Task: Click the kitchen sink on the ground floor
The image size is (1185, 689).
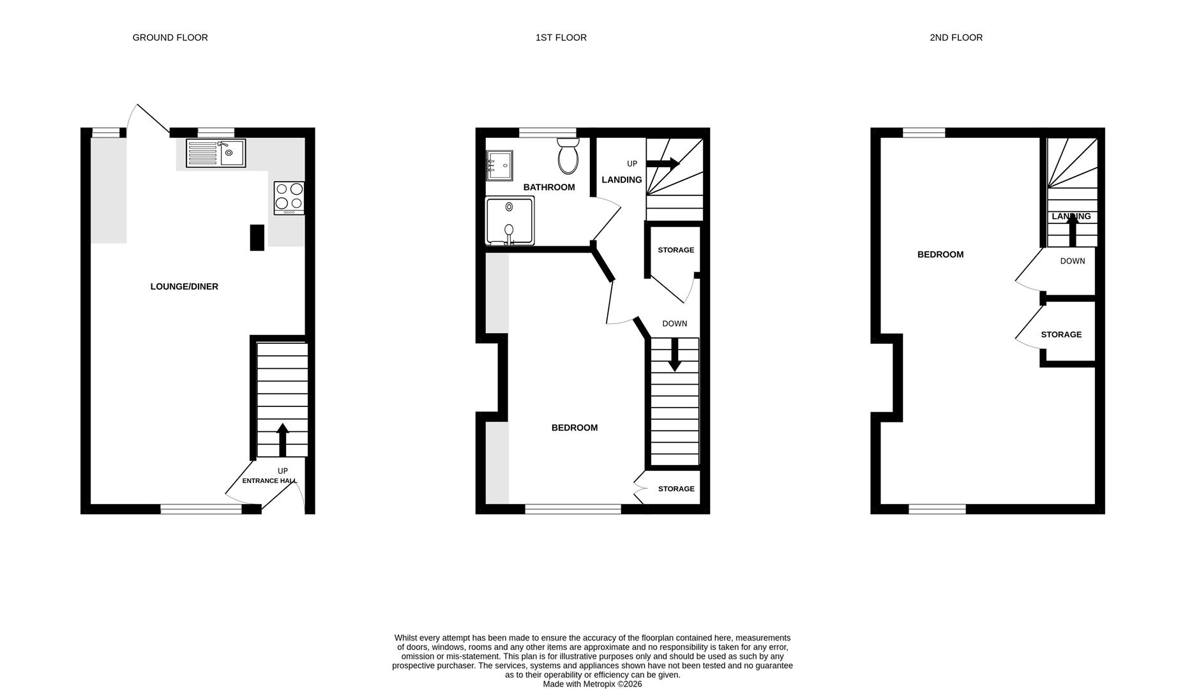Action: click(216, 153)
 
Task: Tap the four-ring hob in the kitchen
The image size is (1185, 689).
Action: click(289, 198)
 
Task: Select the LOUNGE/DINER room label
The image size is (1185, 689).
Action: click(185, 286)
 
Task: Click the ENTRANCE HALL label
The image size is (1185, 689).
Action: click(269, 481)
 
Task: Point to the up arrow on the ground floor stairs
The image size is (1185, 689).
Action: click(282, 440)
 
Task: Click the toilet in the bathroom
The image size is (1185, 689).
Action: click(568, 156)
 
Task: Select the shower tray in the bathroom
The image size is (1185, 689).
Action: click(510, 221)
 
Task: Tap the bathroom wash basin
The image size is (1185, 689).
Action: click(499, 165)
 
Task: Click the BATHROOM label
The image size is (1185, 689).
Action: click(549, 187)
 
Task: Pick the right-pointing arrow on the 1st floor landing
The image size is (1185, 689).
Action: click(663, 164)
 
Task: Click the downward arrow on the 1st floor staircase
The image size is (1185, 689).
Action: click(674, 355)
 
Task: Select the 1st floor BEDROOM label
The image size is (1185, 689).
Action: click(575, 427)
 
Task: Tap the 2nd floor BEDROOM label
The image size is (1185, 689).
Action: click(940, 255)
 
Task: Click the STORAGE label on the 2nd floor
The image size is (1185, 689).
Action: click(1061, 334)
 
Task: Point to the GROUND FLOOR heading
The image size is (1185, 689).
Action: click(170, 38)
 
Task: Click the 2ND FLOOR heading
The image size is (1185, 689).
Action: click(956, 38)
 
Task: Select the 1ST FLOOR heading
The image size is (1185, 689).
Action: click(561, 38)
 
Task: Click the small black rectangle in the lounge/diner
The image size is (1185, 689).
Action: click(257, 237)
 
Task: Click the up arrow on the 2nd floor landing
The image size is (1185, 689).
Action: click(1073, 230)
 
